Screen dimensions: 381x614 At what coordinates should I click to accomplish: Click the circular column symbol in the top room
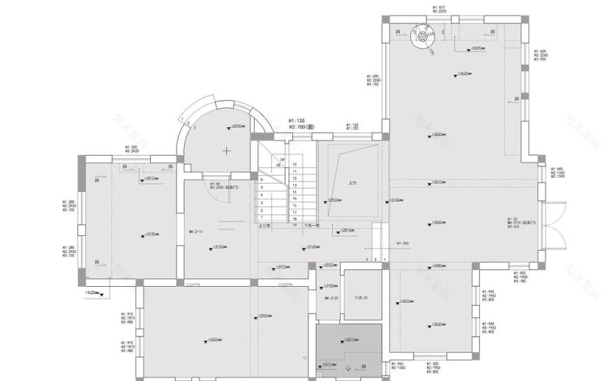tap(423, 33)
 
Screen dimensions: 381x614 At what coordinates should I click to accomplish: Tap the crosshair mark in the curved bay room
tap(227, 150)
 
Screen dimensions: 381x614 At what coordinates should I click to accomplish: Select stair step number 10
tap(294, 164)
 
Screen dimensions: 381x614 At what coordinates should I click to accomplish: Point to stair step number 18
tap(294, 218)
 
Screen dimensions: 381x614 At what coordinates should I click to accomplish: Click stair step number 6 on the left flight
tap(262, 179)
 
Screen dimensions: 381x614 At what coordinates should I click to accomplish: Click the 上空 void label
tap(352, 184)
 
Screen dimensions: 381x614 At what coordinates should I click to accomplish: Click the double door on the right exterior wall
tap(555, 223)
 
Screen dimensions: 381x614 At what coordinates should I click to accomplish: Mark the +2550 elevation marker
tap(262, 315)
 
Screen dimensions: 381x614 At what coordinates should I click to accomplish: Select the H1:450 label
tap(403, 244)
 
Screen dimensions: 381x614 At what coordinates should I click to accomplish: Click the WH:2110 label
tap(195, 231)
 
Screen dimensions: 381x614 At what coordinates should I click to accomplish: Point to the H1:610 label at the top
tap(439, 8)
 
